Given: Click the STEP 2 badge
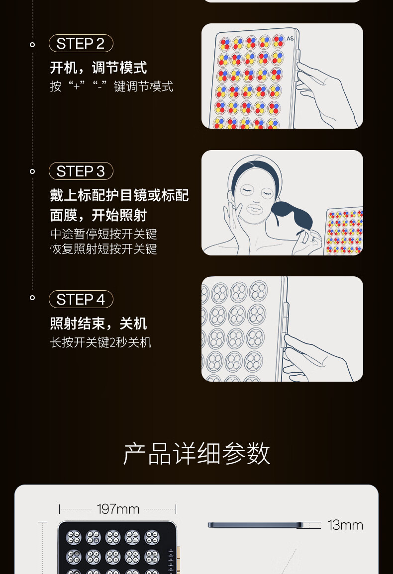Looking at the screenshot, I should (x=81, y=44).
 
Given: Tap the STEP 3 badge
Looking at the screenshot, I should (x=81, y=171).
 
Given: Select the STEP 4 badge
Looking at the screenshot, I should (x=81, y=300).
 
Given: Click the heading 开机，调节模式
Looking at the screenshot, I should (x=98, y=68).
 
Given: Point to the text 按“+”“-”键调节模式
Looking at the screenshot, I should (x=111, y=86).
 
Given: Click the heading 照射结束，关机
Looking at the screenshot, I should (x=98, y=324).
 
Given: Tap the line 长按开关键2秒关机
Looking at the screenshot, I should (x=100, y=342).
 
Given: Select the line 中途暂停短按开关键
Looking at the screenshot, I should (x=103, y=234).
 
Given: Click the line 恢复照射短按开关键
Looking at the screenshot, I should (x=103, y=249).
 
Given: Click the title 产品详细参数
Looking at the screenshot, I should (x=196, y=453).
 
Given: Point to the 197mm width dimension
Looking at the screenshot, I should (x=118, y=509).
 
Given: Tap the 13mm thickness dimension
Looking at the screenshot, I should (x=345, y=525).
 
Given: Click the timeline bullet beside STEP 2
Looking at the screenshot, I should (x=32, y=44).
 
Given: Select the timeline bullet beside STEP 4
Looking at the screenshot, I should (x=32, y=298).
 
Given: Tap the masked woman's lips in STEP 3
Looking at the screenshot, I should (x=254, y=208).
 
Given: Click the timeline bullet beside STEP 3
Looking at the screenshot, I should (x=32, y=171).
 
